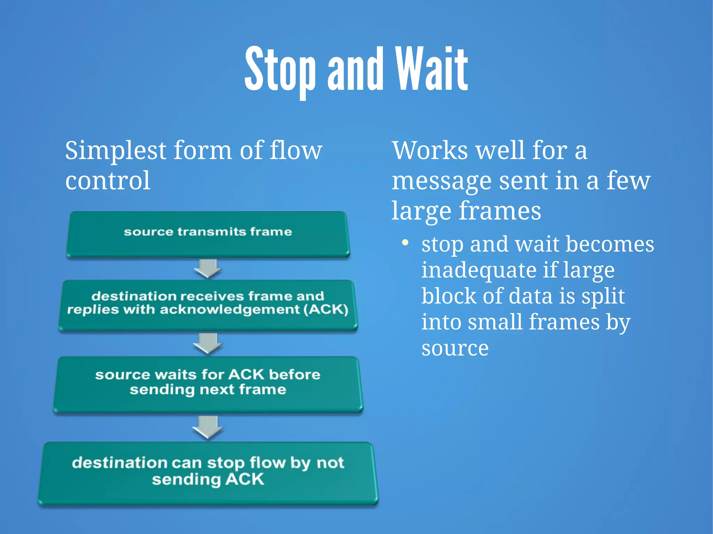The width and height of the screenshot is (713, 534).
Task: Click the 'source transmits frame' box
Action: click(208, 234)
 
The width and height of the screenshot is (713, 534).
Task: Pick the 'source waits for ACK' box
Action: click(208, 384)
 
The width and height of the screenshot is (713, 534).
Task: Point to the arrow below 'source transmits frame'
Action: click(208, 268)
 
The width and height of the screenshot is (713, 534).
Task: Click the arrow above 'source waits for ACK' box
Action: click(208, 343)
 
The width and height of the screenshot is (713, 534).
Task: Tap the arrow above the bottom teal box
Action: click(208, 427)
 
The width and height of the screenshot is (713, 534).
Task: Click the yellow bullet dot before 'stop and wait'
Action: click(405, 242)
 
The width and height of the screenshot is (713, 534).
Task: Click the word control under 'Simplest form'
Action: click(108, 181)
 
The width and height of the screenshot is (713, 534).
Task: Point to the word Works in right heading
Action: click(430, 151)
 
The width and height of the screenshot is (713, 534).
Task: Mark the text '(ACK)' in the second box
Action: click(326, 310)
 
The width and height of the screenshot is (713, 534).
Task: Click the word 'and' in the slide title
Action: click(355, 70)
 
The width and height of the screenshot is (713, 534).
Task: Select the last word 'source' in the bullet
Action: click(455, 349)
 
